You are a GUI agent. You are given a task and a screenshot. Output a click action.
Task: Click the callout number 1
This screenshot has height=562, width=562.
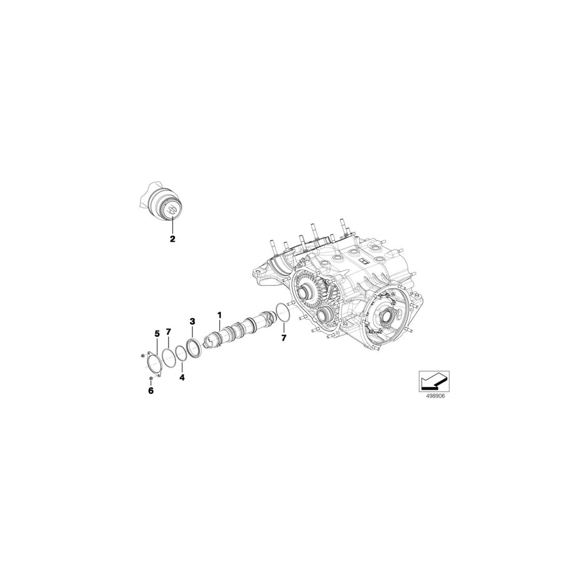(219, 313)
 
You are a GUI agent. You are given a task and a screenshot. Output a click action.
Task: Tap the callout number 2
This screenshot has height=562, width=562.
(173, 239)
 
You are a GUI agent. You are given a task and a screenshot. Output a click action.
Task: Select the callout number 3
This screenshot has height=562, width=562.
(193, 321)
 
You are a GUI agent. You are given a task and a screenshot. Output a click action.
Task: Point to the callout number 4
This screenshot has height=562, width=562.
(182, 377)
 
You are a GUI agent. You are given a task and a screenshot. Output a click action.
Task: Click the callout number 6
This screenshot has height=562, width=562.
(150, 391)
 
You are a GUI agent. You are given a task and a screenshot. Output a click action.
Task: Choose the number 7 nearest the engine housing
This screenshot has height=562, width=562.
(283, 338)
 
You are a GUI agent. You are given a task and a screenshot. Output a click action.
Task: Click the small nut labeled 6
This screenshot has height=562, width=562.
(150, 378)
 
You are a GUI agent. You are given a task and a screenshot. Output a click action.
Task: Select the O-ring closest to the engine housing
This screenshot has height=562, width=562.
(282, 312)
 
